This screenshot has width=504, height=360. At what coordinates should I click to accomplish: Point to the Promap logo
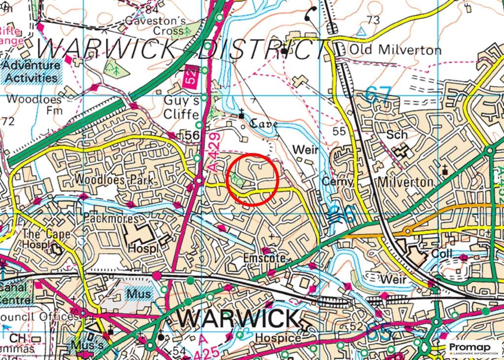click(x=473, y=349)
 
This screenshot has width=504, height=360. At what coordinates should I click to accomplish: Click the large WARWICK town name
click(x=237, y=319)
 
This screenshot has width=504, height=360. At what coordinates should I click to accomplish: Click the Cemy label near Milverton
click(x=338, y=182)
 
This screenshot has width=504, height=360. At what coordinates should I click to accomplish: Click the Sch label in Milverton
click(x=397, y=134)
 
